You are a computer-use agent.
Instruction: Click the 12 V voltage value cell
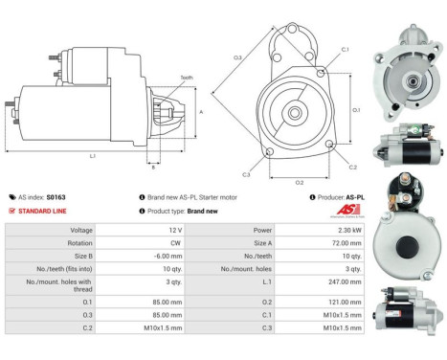(x=175, y=231)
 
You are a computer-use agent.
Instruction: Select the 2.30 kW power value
(x=348, y=231)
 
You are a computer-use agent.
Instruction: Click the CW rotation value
(x=175, y=244)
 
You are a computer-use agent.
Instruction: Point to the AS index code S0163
(x=57, y=196)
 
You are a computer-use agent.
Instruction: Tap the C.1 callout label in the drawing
(x=345, y=50)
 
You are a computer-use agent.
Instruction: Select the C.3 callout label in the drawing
(x=246, y=174)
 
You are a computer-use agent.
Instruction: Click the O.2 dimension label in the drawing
(x=299, y=182)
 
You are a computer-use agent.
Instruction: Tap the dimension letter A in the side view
(x=200, y=112)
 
